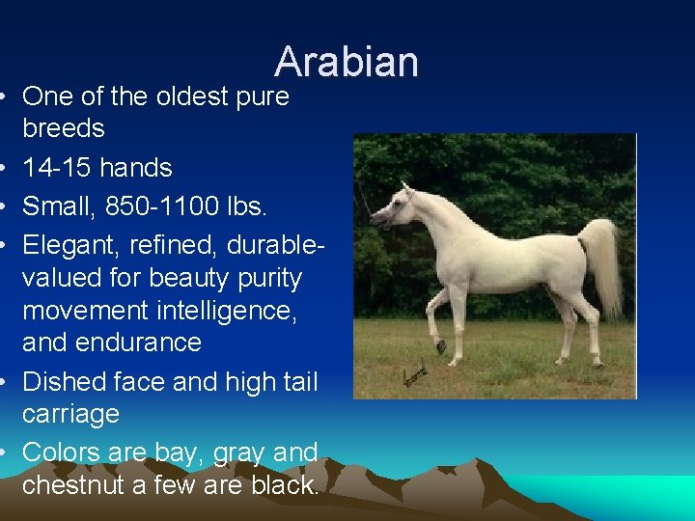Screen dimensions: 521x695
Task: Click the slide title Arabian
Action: point(347,62)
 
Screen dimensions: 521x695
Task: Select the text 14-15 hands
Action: point(97,168)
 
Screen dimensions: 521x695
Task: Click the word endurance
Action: point(141,343)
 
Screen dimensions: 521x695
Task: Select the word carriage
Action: point(70,415)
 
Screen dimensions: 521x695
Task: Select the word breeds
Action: point(64,128)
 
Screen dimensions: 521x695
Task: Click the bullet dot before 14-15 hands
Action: point(7,169)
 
